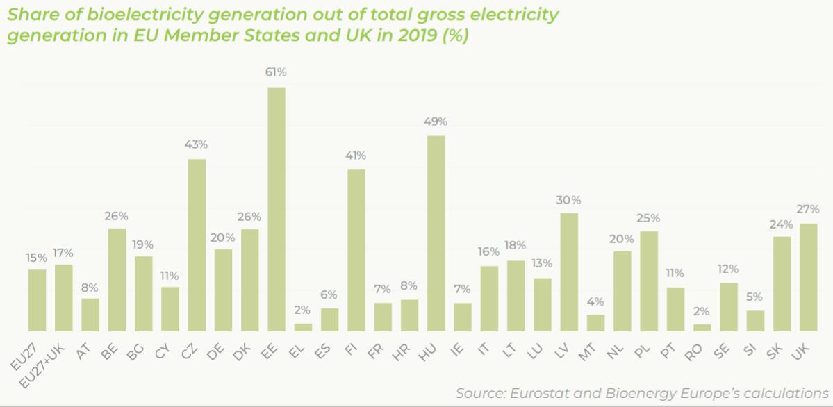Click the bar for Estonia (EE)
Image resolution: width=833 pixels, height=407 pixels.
(x=277, y=209)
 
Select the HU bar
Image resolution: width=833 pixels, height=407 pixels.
(x=436, y=233)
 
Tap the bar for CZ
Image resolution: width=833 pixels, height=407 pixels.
(x=197, y=245)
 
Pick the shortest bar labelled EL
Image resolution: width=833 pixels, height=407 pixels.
(x=303, y=327)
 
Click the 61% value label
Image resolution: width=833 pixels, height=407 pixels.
(x=276, y=72)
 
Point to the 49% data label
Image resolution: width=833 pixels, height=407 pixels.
(x=436, y=122)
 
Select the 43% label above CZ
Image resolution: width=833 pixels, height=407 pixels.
(x=197, y=144)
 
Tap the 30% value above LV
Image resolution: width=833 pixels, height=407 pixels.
(x=569, y=200)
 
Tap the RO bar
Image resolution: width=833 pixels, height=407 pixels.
(x=702, y=327)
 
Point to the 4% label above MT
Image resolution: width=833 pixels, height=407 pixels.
(x=596, y=301)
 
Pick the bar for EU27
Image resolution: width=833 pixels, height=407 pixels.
(x=38, y=300)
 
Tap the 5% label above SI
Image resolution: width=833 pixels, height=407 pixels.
(x=755, y=297)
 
